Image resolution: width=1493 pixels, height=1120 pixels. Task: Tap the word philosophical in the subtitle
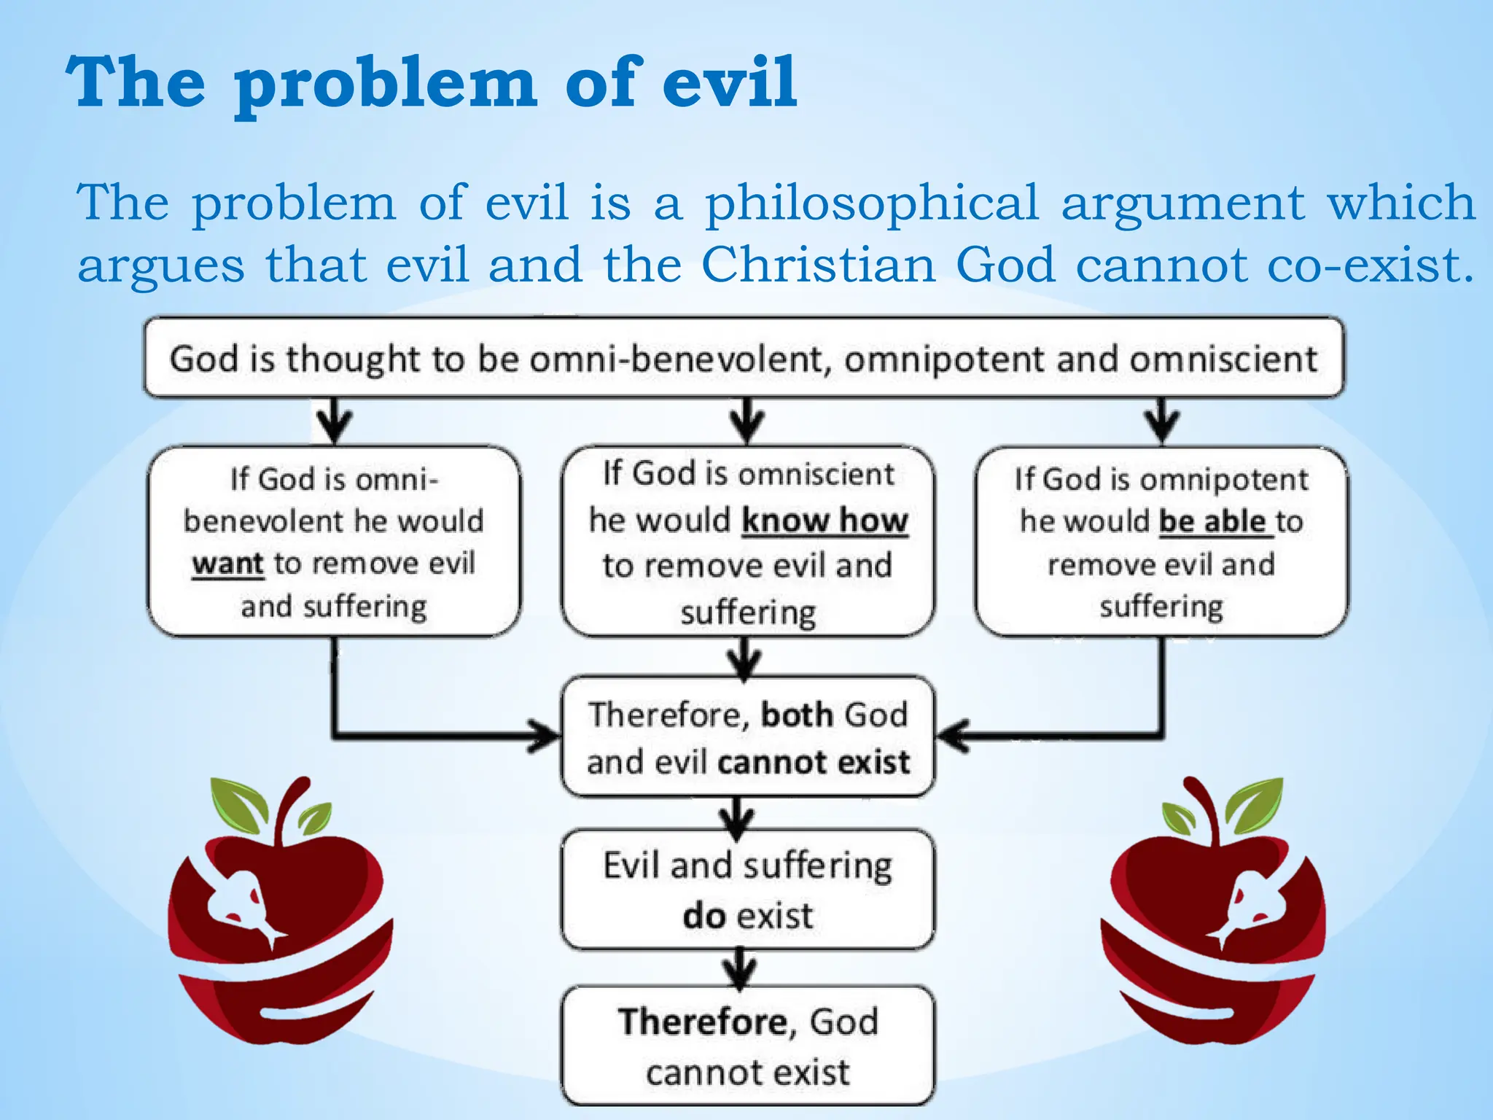[x=871, y=204]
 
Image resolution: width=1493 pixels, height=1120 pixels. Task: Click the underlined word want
[x=227, y=564]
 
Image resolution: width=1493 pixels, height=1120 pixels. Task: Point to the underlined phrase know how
[x=825, y=521]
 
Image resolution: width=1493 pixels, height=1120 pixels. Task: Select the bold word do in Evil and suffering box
[x=703, y=916]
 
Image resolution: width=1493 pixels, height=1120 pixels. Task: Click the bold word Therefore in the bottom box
[x=702, y=1022]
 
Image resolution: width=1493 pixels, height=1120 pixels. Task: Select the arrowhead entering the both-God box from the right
[x=951, y=734]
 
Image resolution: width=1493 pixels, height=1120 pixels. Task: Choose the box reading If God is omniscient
[x=747, y=542]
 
